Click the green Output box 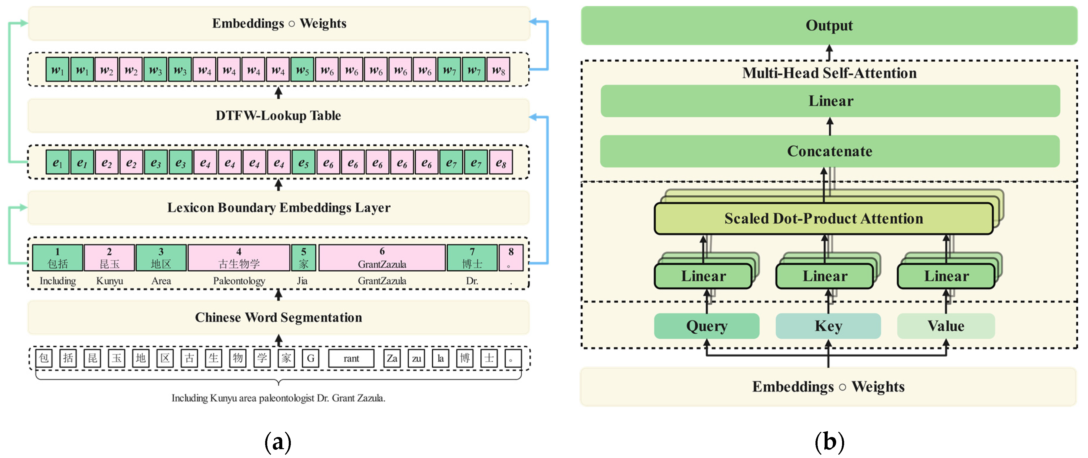pos(829,25)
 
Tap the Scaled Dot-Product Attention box pos(823,218)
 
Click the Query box pos(706,326)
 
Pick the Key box pos(828,326)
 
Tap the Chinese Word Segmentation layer pos(278,317)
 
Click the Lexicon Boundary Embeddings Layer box pos(278,207)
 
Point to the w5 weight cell pos(302,70)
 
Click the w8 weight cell pos(498,70)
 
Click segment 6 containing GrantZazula pos(382,258)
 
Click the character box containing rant pos(351,358)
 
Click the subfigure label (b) pos(829,441)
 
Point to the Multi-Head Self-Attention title pos(829,73)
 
